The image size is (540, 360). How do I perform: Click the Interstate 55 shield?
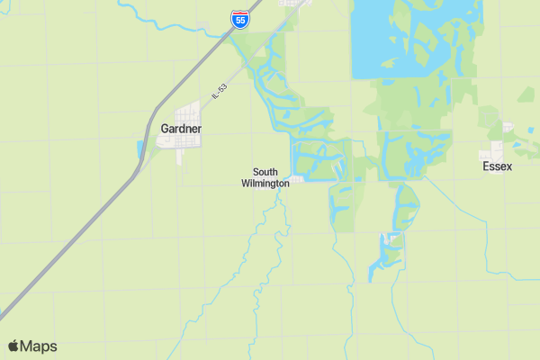(x=238, y=18)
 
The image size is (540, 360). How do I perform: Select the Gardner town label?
(x=181, y=129)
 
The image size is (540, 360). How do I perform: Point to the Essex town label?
(x=497, y=166)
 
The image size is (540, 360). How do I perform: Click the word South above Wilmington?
(x=265, y=172)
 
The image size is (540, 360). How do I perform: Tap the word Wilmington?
(x=265, y=183)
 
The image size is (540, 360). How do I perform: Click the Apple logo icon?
(x=13, y=346)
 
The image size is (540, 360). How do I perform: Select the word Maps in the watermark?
(x=39, y=346)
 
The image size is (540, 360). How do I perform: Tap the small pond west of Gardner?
(x=139, y=149)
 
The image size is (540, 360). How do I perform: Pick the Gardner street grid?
(x=189, y=115)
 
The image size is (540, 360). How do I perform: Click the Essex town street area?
(x=495, y=151)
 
